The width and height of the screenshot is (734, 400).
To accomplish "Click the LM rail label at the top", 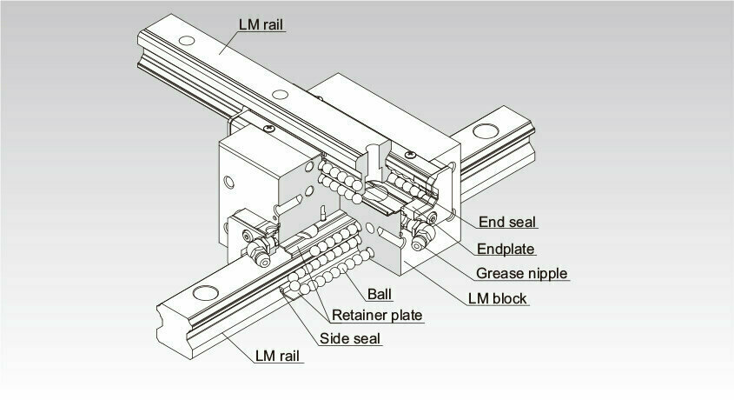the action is point(261,24).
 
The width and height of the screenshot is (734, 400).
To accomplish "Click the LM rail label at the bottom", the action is point(277,356).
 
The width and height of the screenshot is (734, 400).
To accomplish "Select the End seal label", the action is point(507,222).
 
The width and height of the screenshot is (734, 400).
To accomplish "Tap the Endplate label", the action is point(506,249).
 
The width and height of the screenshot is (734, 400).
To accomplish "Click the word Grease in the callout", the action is point(498,273).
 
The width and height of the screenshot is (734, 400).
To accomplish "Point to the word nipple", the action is point(546,274).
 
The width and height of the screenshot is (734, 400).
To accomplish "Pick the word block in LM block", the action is point(510,298).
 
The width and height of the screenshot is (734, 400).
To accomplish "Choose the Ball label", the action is point(380,294).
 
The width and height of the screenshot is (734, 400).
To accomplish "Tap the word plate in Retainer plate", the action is point(407,316).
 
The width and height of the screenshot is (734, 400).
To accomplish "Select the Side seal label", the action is point(350,338).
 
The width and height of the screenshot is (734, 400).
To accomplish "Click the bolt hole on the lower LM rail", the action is point(206,293).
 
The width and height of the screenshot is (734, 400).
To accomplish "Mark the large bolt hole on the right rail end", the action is point(486,131).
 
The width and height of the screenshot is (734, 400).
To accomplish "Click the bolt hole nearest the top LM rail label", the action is point(186,40).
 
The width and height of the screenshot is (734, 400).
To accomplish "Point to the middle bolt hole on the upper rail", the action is point(280,94).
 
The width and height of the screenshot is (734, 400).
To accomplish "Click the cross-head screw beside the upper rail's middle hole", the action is point(268,129).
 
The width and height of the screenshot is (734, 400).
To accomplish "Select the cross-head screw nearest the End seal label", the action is point(410,154).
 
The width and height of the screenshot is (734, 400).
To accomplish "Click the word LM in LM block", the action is point(479,298).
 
